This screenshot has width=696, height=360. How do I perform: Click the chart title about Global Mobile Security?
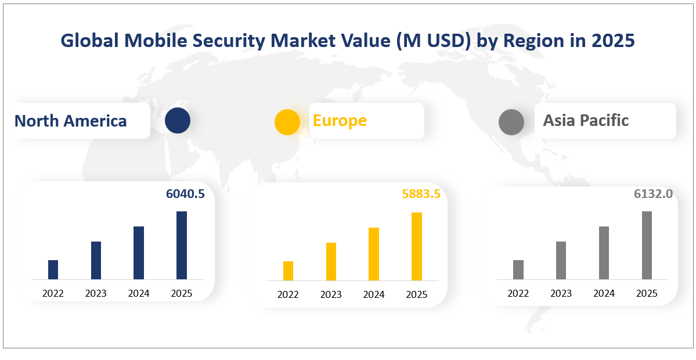[348, 41]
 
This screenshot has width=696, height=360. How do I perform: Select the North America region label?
[71, 121]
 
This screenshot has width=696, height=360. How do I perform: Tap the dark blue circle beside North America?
[177, 121]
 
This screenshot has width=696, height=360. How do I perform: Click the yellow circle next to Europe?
[287, 122]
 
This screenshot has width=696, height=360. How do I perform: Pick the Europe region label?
[340, 120]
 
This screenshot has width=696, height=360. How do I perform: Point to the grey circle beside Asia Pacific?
[511, 122]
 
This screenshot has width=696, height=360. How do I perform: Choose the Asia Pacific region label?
[586, 120]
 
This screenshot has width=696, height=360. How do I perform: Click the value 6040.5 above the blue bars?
[185, 194]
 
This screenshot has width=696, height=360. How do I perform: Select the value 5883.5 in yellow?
[421, 194]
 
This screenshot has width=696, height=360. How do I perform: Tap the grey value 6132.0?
[653, 194]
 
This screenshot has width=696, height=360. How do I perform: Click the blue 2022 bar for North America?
[53, 269]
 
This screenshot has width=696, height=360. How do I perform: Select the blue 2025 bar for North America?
[182, 245]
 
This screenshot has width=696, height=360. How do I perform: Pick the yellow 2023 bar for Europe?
[331, 261]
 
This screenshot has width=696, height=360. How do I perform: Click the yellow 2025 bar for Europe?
[417, 246]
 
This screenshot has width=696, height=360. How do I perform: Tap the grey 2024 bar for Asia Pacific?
[604, 253]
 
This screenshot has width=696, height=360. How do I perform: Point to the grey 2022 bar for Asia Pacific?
[518, 269]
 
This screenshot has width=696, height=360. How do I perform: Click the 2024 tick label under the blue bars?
[139, 293]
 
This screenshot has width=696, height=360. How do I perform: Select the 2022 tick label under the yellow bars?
[288, 294]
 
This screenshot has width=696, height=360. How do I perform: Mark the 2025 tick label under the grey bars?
[647, 293]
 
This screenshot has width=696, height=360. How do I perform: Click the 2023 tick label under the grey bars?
[561, 293]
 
